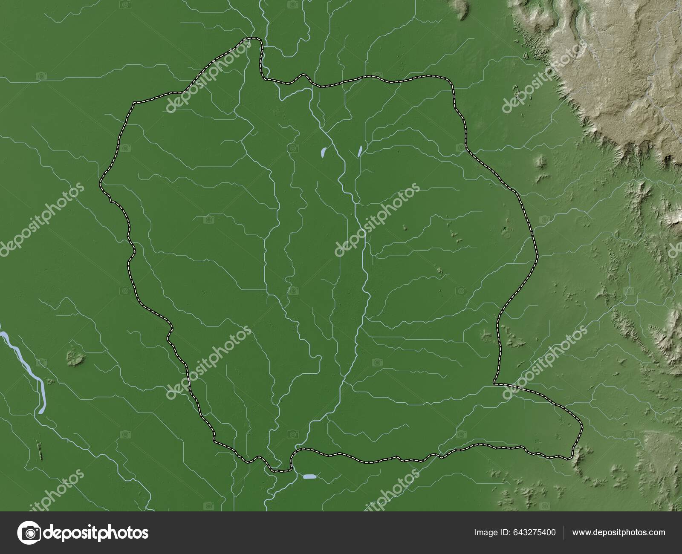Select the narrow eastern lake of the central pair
360,150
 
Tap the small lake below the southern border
309,476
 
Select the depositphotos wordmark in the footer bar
96,532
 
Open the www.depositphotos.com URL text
618,532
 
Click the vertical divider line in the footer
564,532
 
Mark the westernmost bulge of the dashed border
101,183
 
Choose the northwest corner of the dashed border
135,103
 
